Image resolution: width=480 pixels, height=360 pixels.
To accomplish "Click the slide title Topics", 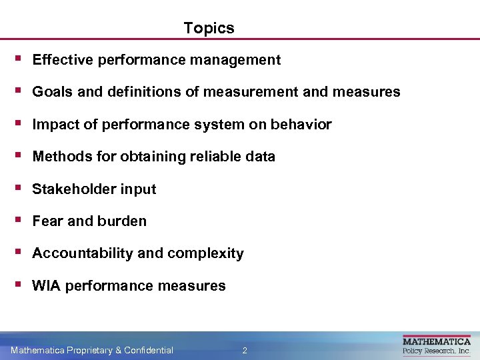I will [209, 28].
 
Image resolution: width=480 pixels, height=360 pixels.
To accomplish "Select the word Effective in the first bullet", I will [62, 60].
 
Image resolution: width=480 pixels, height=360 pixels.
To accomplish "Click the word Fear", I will [47, 221].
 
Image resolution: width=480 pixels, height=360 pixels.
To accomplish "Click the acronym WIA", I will [47, 286].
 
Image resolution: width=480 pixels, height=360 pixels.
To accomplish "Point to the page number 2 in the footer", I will [245, 350].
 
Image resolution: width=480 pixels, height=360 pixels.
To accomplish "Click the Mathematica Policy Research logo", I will [436, 345].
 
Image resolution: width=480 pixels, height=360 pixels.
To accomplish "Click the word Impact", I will [53, 125].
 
